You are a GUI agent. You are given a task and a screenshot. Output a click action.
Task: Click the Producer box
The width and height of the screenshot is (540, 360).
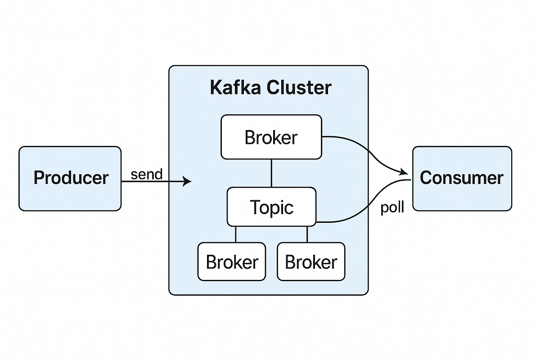pyautogui.click(x=70, y=178)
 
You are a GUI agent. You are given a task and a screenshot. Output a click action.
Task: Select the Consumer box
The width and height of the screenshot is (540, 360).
pyautogui.click(x=462, y=178)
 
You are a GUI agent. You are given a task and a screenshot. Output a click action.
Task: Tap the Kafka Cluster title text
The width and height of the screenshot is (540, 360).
pyautogui.click(x=270, y=87)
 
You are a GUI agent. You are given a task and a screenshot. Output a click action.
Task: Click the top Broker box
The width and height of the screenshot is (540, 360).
pyautogui.click(x=271, y=137)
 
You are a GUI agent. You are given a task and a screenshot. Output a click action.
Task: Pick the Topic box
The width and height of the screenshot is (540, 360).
pyautogui.click(x=271, y=207)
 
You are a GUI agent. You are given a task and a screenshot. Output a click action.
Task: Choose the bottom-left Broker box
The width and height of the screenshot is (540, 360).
pyautogui.click(x=232, y=261)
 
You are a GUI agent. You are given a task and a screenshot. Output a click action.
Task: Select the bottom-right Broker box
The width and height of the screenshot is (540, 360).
pyautogui.click(x=311, y=261)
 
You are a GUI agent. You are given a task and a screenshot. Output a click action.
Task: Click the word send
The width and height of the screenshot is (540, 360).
pyautogui.click(x=146, y=174)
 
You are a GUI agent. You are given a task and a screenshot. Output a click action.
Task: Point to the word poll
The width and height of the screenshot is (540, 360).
pyautogui.click(x=392, y=207)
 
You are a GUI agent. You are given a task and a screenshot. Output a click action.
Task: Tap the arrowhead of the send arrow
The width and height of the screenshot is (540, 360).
pyautogui.click(x=188, y=181)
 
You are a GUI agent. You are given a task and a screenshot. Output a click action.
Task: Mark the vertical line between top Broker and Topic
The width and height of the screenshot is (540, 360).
pyautogui.click(x=271, y=173)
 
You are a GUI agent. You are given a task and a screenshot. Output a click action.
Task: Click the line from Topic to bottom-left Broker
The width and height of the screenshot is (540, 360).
pyautogui.click(x=236, y=234)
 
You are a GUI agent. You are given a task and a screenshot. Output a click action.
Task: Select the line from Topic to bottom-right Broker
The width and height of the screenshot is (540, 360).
pyautogui.click(x=307, y=234)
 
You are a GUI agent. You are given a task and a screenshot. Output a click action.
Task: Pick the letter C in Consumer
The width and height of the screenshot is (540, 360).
pyautogui.click(x=426, y=178)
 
